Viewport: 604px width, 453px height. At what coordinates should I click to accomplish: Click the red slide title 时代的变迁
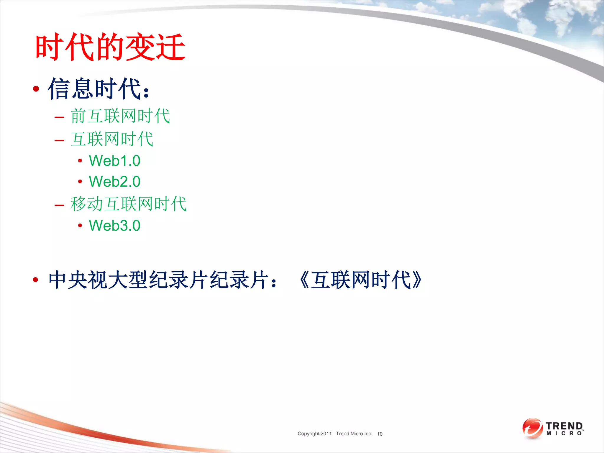110,47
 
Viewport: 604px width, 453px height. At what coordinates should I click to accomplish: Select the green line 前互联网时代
120,116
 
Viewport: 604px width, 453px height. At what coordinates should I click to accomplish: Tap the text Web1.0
114,161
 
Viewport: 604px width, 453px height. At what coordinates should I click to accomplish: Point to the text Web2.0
114,182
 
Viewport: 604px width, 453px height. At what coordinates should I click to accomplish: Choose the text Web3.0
114,226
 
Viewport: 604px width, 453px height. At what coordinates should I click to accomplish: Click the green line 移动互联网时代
129,204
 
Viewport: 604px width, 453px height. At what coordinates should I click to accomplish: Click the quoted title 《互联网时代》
360,280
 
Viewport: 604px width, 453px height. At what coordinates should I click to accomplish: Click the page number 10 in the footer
380,434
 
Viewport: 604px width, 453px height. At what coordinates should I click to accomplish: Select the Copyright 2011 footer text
314,434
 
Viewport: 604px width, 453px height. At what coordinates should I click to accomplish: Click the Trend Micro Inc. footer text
354,434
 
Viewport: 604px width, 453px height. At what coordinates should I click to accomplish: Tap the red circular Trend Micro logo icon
532,428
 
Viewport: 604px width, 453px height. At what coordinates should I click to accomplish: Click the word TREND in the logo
564,426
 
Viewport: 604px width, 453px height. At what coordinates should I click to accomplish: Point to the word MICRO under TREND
564,434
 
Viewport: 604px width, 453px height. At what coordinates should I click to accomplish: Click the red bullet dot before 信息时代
36,89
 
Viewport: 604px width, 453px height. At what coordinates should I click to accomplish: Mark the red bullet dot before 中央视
36,280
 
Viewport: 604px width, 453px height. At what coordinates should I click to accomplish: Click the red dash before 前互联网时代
59,117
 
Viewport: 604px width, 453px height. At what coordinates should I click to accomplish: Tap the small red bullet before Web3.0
80,226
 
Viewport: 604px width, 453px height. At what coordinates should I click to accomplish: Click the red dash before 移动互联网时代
59,205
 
